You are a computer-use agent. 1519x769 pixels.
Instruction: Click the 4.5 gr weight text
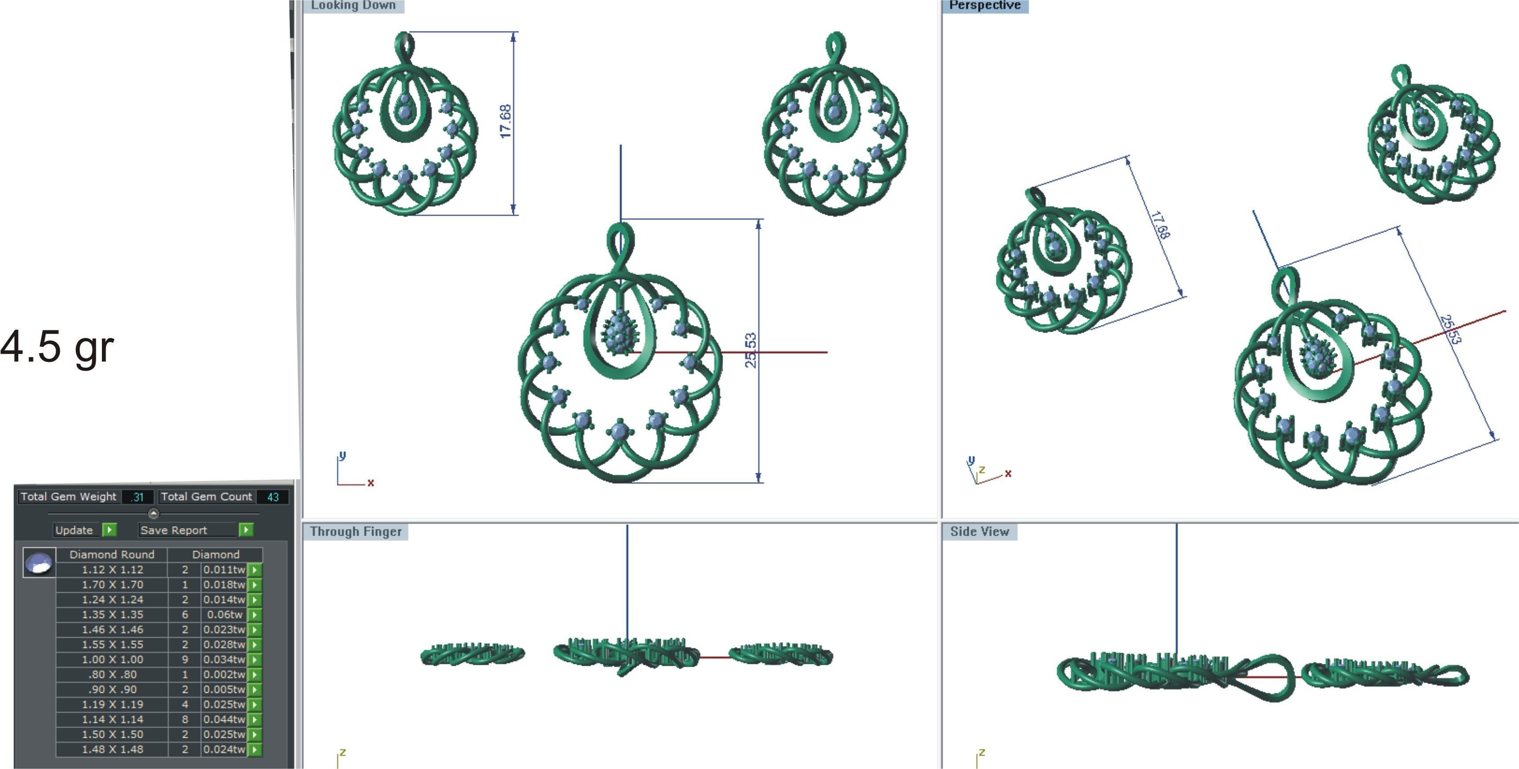pyautogui.click(x=57, y=347)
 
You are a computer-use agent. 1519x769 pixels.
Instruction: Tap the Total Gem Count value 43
pyautogui.click(x=272, y=497)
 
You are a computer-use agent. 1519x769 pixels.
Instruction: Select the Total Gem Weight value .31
pyautogui.click(x=138, y=497)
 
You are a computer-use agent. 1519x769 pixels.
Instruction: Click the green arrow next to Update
pyautogui.click(x=109, y=529)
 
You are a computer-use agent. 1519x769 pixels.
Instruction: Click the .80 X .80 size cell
pyautogui.click(x=112, y=675)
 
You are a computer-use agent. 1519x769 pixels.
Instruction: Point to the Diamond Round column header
pyautogui.click(x=112, y=554)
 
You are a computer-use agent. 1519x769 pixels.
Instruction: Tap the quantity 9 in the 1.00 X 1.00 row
pyautogui.click(x=185, y=659)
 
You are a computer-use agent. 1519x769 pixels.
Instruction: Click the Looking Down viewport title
pyautogui.click(x=353, y=5)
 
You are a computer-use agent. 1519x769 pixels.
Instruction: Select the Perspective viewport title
pyautogui.click(x=985, y=5)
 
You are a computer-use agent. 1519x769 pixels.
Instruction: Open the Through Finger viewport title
pyautogui.click(x=356, y=531)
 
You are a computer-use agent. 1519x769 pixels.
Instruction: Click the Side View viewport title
pyautogui.click(x=979, y=531)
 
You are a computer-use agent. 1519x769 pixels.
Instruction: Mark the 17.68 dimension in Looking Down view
pyautogui.click(x=505, y=122)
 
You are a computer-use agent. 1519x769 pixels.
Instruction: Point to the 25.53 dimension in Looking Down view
pyautogui.click(x=750, y=350)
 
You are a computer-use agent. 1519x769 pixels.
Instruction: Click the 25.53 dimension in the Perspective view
pyautogui.click(x=1450, y=329)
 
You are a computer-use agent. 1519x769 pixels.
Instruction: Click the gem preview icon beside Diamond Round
pyautogui.click(x=39, y=562)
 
